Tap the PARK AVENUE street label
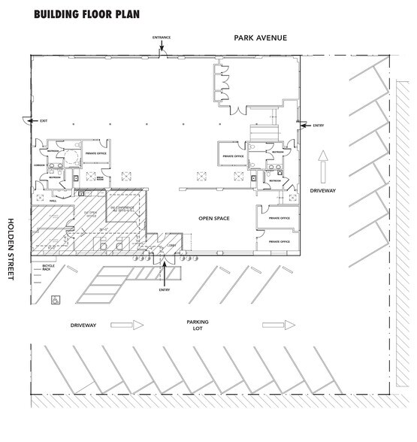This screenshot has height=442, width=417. (260, 38)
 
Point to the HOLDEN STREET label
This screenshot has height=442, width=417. (11, 250)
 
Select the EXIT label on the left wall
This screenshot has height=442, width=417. (43, 121)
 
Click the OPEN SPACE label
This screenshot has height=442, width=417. (213, 219)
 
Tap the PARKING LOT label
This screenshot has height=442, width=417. (198, 325)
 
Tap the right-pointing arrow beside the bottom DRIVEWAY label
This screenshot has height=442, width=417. (127, 325)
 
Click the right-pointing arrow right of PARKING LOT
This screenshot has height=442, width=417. (277, 325)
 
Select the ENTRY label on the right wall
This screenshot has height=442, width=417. (317, 126)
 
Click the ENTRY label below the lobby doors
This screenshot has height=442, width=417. (165, 289)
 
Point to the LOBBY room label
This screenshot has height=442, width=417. (171, 245)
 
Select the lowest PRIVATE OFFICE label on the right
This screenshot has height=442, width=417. (279, 241)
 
